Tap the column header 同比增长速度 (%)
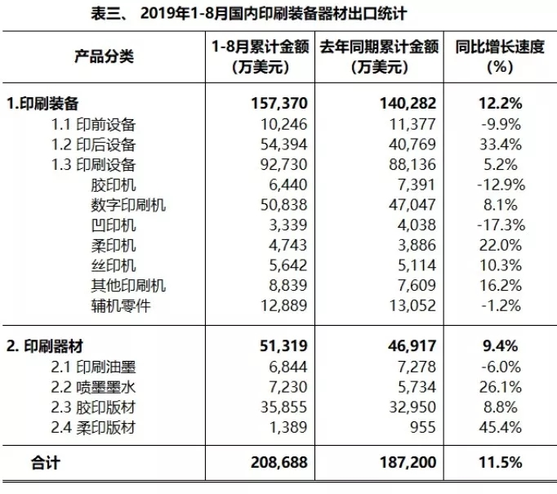[499, 56]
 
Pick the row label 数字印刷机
[129, 205]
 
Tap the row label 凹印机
[114, 225]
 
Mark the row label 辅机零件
[122, 306]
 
